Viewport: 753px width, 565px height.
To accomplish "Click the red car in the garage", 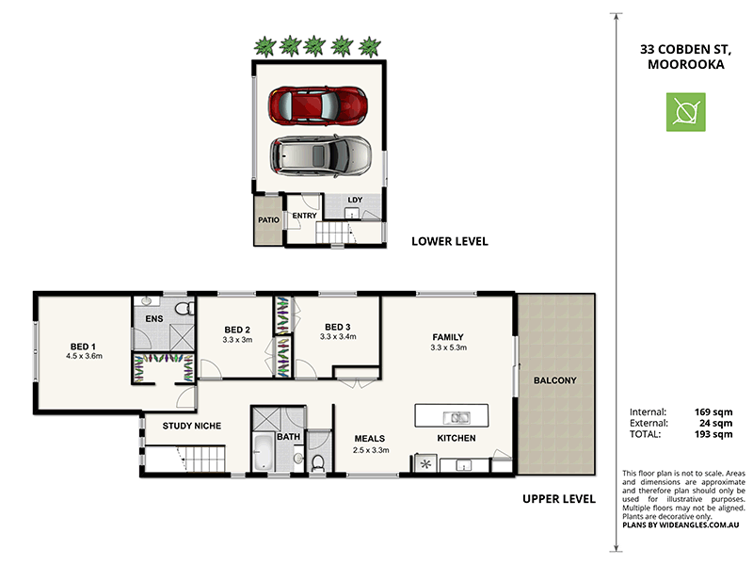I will pos(318,105).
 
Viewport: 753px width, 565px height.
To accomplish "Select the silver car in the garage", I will pos(321,155).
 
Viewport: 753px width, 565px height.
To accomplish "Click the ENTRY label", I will pos(304,216).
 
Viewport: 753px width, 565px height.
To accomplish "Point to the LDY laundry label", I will pos(355,201).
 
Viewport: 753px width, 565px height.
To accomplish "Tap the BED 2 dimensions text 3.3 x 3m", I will pos(236,340).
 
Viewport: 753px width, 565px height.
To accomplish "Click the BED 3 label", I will pos(336,326).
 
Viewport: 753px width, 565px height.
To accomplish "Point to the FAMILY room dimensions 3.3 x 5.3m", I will pos(448,348).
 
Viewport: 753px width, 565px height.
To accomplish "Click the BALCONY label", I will pos(554,381).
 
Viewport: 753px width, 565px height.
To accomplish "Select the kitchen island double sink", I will pos(453,416).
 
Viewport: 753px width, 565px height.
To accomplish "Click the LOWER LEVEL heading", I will pos(449,241).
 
